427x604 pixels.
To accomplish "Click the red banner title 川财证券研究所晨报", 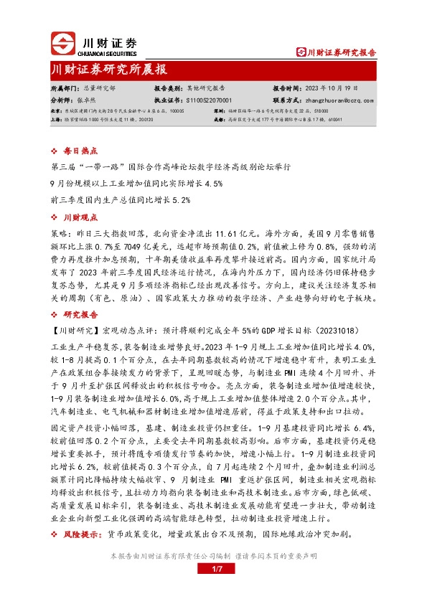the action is coord(109,70).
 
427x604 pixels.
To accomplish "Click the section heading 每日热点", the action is coord(76,151).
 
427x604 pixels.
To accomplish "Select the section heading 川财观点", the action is coord(76,217).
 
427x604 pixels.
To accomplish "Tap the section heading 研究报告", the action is coord(76,314).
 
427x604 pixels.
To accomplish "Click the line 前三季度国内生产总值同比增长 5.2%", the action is coord(121,200).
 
